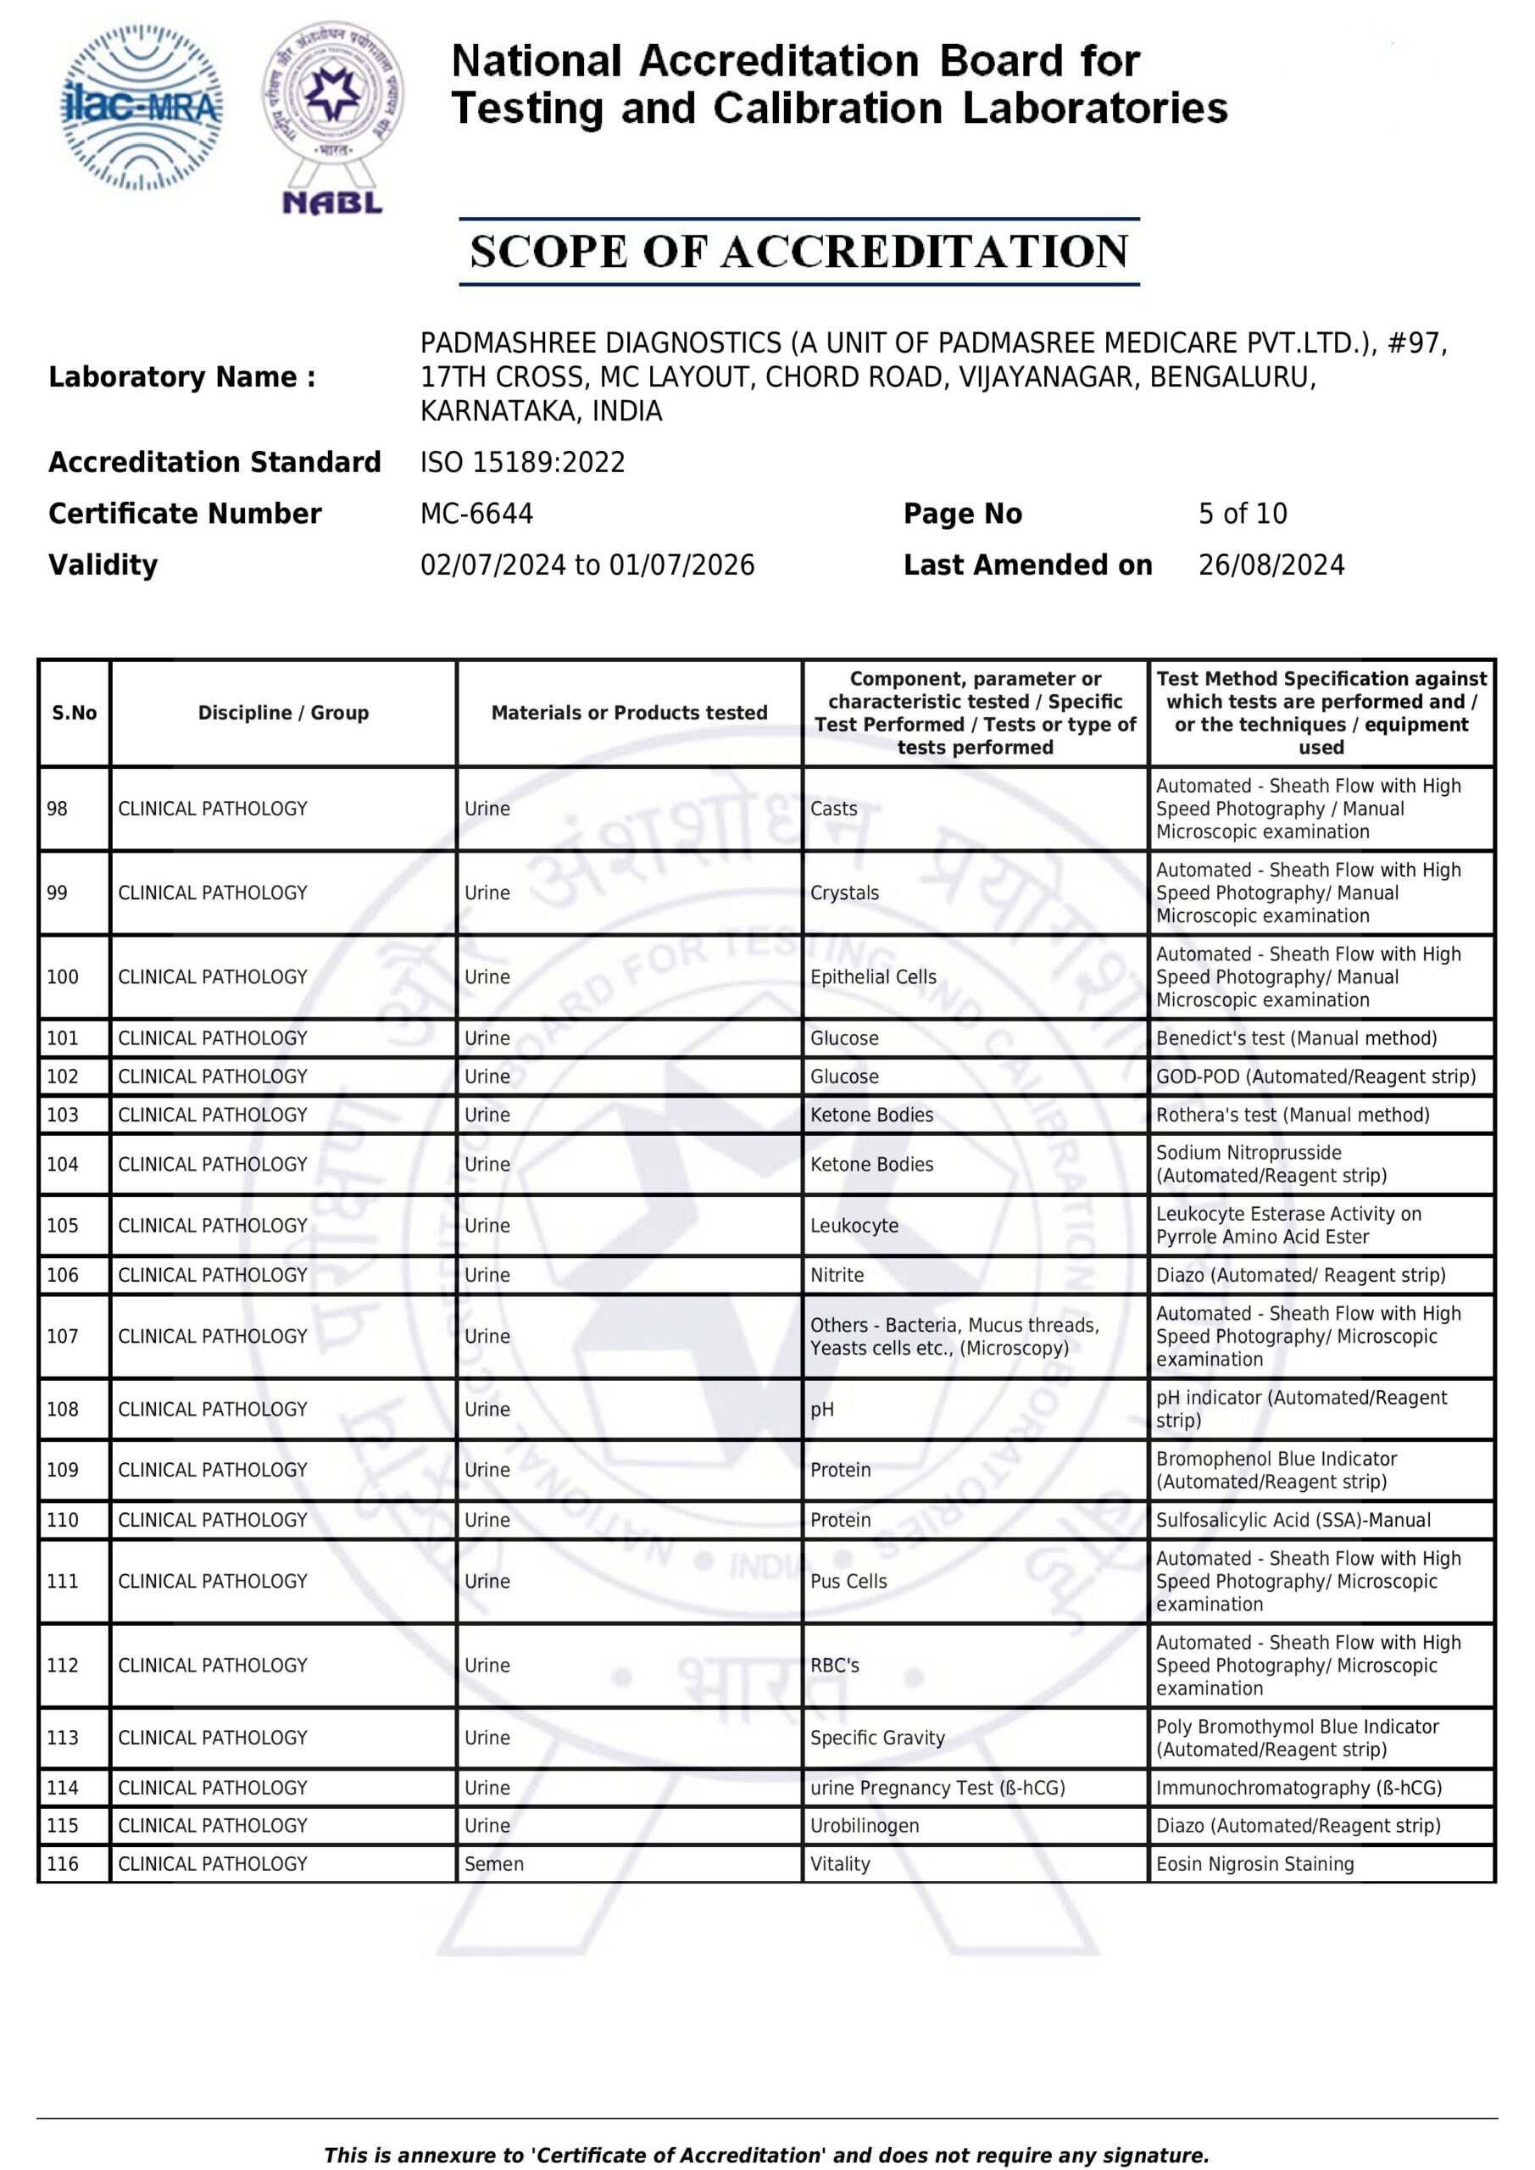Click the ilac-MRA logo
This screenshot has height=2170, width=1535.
(142, 108)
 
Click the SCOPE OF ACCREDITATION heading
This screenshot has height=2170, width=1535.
(798, 252)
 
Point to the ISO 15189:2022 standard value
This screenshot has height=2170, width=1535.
(523, 462)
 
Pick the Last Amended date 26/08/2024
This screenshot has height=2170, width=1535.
(1271, 565)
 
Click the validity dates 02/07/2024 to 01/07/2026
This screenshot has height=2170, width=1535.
(587, 565)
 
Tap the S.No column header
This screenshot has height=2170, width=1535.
(75, 713)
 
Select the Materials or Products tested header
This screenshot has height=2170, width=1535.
(629, 713)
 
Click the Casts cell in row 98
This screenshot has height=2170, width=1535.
(834, 809)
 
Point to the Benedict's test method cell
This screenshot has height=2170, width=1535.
(1296, 1038)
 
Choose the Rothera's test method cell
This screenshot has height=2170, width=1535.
(1292, 1115)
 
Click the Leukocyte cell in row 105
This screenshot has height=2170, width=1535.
(854, 1225)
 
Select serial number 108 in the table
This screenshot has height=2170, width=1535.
(64, 1409)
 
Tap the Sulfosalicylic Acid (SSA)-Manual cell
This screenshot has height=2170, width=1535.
(1293, 1520)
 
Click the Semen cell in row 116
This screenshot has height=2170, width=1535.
(493, 1864)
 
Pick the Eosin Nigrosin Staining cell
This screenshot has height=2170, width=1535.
(1254, 1864)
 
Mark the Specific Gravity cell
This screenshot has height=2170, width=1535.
(877, 1737)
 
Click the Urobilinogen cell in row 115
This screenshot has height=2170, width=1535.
(864, 1825)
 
